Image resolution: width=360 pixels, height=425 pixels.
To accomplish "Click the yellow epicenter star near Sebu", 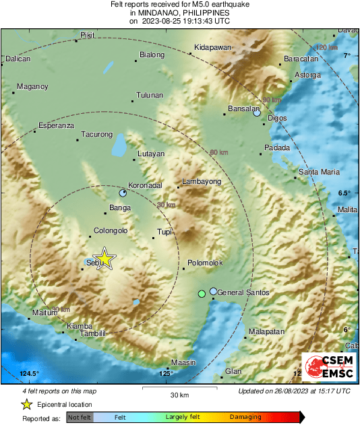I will pyautogui.click(x=104, y=259).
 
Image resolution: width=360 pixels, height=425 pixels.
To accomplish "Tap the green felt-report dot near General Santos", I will pyautogui.click(x=201, y=294).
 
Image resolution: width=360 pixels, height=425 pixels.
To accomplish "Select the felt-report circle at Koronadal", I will pyautogui.click(x=123, y=193).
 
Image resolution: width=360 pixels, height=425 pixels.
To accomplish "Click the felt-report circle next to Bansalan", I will pyautogui.click(x=257, y=113).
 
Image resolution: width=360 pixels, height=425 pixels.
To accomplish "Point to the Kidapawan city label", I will pyautogui.click(x=212, y=47).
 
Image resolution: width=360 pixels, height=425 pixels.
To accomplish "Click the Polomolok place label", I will pyautogui.click(x=206, y=263).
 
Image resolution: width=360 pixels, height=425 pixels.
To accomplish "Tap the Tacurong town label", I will pyautogui.click(x=96, y=135).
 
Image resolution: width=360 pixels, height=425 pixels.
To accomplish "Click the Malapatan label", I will pyautogui.click(x=266, y=332).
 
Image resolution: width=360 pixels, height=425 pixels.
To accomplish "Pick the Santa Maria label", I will pyautogui.click(x=320, y=172).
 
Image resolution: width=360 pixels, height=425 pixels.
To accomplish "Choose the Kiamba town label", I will pyautogui.click(x=79, y=326).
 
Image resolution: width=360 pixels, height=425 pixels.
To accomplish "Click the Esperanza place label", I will pyautogui.click(x=55, y=125).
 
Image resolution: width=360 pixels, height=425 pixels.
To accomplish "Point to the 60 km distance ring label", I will pyautogui.click(x=219, y=153).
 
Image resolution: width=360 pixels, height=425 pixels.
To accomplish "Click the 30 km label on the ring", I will pyautogui.click(x=166, y=205).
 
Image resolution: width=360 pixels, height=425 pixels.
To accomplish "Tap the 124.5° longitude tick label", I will pyautogui.click(x=30, y=374).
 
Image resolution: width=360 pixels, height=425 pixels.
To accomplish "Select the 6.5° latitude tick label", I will pyautogui.click(x=344, y=193).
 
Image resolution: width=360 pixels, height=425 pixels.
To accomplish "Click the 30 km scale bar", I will pyautogui.click(x=179, y=389).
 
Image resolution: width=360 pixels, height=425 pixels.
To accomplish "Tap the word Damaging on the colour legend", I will pyautogui.click(x=241, y=418).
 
